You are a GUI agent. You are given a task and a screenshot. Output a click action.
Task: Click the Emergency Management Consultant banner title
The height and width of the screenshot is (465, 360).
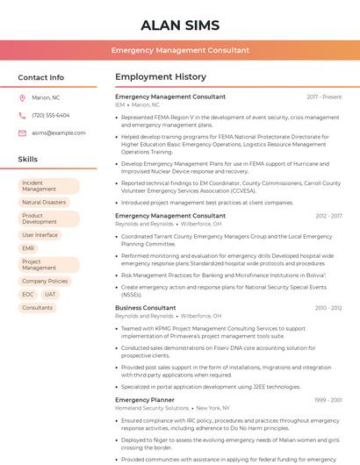[x=180, y=51]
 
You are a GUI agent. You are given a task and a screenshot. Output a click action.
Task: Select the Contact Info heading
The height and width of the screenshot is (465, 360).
[x=41, y=77]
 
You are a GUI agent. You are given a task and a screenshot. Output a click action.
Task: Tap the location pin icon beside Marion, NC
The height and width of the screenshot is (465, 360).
[x=22, y=98]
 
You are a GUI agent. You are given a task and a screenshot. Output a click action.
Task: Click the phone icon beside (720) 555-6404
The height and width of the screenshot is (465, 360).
[x=22, y=116]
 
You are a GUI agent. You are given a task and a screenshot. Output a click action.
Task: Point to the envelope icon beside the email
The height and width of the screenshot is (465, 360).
[x=22, y=132]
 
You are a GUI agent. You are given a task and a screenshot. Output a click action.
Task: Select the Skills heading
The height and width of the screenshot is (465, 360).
[x=28, y=160]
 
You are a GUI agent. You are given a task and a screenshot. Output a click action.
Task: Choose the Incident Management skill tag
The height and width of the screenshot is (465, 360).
[x=48, y=186]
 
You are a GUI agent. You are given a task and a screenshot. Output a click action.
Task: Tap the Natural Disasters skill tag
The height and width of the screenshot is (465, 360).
[x=44, y=203]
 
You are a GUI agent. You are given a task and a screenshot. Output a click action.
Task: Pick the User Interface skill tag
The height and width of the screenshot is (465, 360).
[x=40, y=235]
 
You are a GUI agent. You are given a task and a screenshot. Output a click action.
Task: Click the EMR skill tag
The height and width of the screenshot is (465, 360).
[x=29, y=248]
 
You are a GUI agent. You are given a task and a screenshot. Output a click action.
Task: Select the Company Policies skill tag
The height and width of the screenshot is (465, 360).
[x=45, y=281]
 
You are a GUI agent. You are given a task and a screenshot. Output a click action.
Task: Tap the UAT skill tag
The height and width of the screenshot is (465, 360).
[x=51, y=295]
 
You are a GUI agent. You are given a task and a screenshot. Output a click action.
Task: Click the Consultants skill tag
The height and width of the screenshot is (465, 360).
[x=38, y=308]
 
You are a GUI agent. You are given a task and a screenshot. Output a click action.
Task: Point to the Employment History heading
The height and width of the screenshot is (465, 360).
[x=161, y=77]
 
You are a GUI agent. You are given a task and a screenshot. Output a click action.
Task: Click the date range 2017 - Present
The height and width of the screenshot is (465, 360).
[x=324, y=97]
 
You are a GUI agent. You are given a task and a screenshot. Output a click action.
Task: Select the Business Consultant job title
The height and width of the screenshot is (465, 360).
[x=146, y=308]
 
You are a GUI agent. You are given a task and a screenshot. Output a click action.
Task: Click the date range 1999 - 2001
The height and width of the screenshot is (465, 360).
[x=328, y=400]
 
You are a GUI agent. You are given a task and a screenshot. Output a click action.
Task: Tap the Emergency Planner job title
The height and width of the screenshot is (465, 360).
[x=145, y=400]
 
